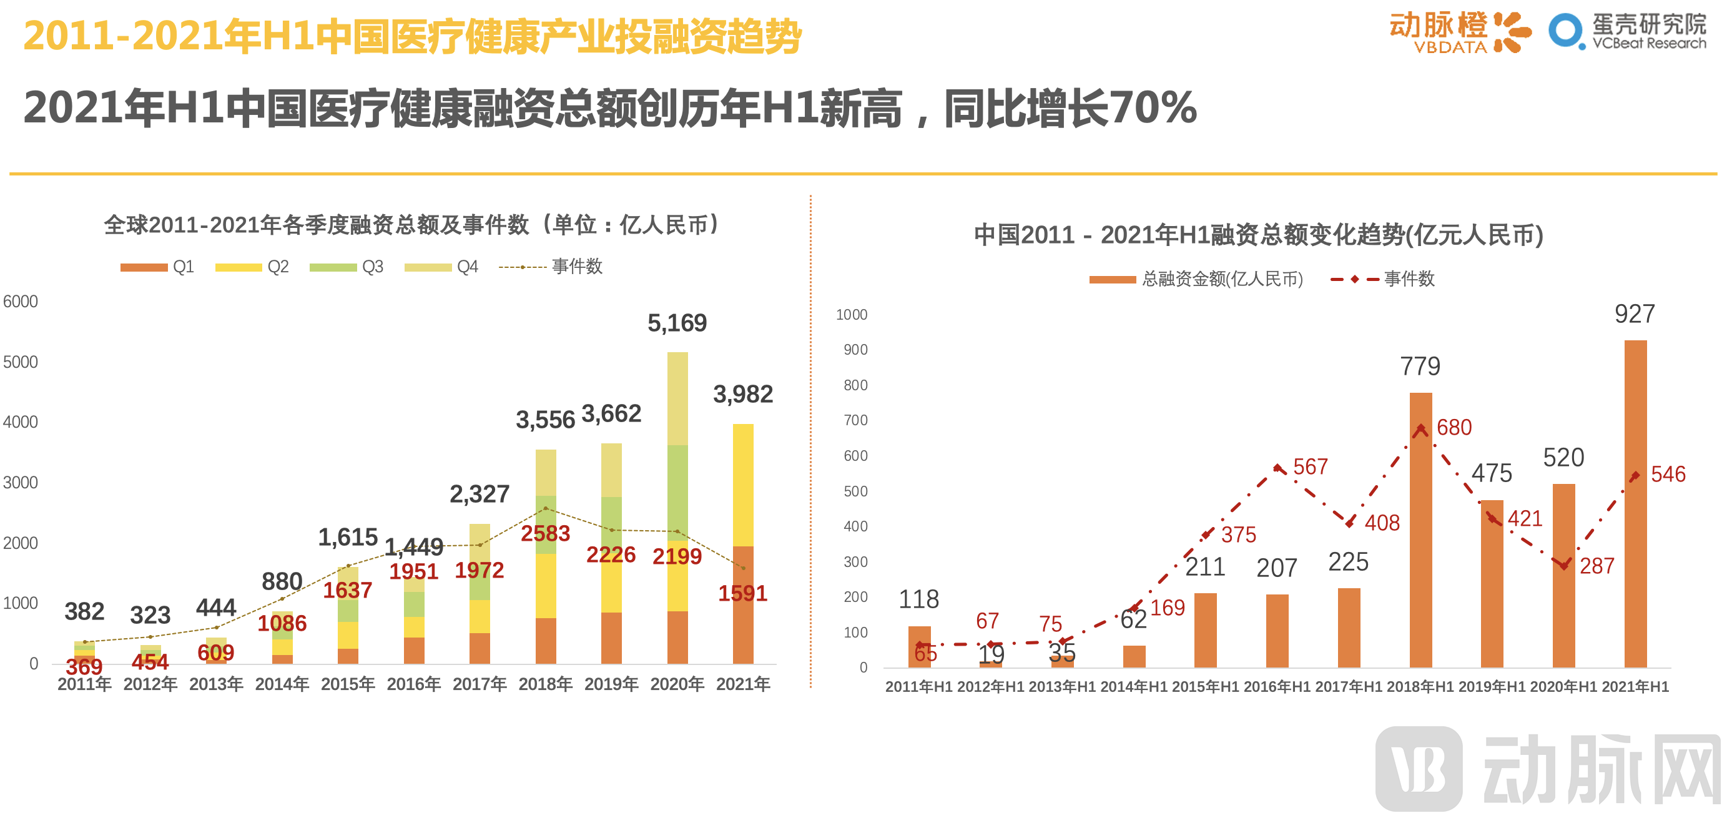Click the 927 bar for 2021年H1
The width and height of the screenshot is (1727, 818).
tap(1635, 503)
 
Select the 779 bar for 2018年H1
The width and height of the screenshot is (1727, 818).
tap(1420, 530)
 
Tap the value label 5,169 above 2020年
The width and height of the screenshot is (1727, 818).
tap(676, 323)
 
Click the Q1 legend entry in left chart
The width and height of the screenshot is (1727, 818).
tap(157, 267)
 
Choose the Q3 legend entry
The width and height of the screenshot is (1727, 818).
tap(347, 267)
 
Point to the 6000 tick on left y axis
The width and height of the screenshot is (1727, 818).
tap(20, 302)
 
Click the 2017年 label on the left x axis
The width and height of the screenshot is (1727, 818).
tap(480, 684)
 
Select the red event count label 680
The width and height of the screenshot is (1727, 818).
tap(1454, 427)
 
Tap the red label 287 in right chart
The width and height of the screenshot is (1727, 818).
tap(1597, 566)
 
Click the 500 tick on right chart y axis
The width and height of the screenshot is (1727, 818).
tap(855, 491)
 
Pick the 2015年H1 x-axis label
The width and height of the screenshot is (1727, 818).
tap(1205, 687)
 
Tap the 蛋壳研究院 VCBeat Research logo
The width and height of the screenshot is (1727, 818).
tap(1627, 31)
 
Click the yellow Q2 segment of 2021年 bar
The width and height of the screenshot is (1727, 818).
tap(743, 485)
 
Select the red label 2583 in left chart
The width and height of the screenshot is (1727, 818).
tap(545, 534)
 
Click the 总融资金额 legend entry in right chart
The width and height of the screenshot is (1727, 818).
tap(1196, 279)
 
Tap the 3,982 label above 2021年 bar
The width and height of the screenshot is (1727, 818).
tap(743, 394)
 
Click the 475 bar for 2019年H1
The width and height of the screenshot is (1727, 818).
tap(1492, 583)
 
